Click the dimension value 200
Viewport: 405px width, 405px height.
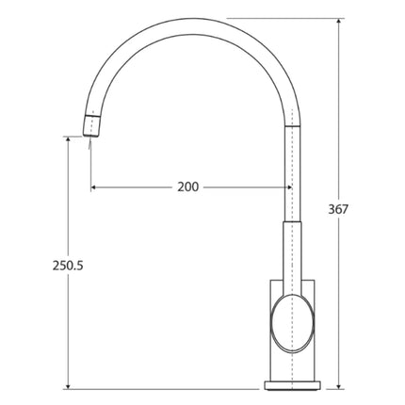tap(187, 186)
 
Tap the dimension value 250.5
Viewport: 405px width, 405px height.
tap(68, 266)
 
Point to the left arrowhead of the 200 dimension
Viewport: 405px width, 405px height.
tap(94, 186)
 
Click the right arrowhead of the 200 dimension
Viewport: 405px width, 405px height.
tap(287, 186)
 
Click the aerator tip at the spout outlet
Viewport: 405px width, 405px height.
tap(92, 122)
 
